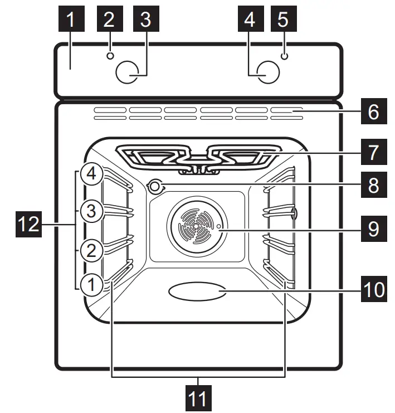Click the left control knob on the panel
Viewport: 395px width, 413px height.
click(128, 72)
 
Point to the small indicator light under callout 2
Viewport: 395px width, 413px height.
click(110, 56)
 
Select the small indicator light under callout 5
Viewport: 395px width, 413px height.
click(284, 56)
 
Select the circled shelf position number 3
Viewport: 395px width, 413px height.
click(91, 212)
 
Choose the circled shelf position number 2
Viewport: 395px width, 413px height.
click(91, 250)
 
